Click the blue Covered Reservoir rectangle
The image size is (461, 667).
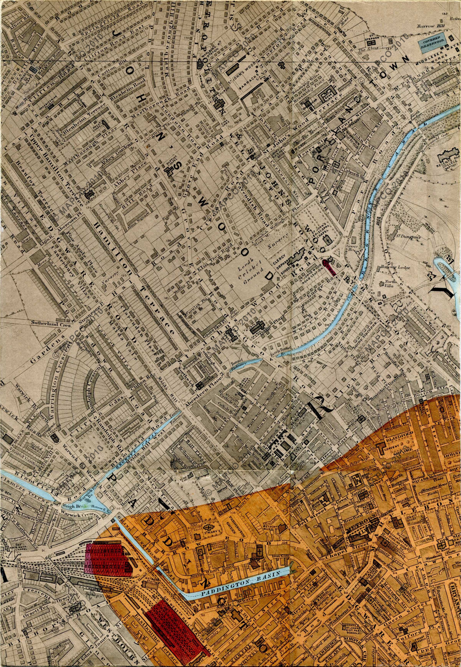(x=432, y=44)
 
